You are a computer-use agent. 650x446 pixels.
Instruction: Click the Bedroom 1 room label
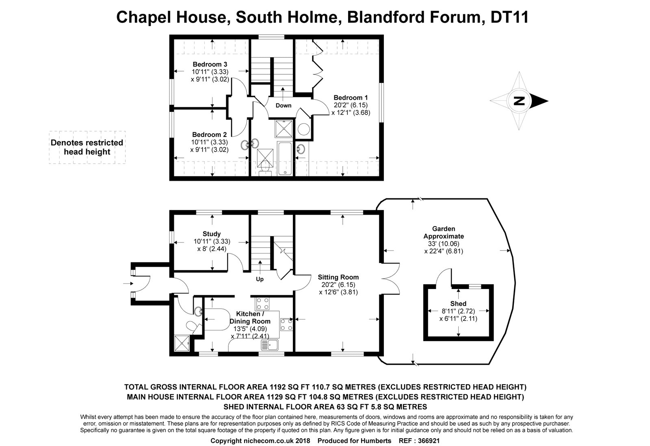[351, 98]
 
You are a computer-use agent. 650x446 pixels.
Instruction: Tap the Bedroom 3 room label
[210, 64]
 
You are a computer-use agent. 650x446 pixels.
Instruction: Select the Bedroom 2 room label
[209, 135]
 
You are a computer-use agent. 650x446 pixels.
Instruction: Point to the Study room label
[212, 234]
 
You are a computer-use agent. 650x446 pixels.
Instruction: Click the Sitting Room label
[338, 277]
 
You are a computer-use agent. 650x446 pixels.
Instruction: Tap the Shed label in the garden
[458, 304]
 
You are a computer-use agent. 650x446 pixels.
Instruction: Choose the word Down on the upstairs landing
[283, 105]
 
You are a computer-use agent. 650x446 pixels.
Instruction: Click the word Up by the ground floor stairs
[260, 279]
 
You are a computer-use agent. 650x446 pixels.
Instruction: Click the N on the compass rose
[518, 101]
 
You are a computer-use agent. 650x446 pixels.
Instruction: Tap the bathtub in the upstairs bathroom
[286, 159]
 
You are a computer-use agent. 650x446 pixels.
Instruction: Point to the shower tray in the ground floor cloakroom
[182, 343]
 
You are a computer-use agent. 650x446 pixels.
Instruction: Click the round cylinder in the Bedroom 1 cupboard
[303, 129]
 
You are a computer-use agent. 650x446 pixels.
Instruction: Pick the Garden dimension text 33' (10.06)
[444, 244]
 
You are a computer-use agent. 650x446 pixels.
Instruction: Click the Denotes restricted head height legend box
[87, 147]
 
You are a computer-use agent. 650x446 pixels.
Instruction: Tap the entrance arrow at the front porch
[127, 283]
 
